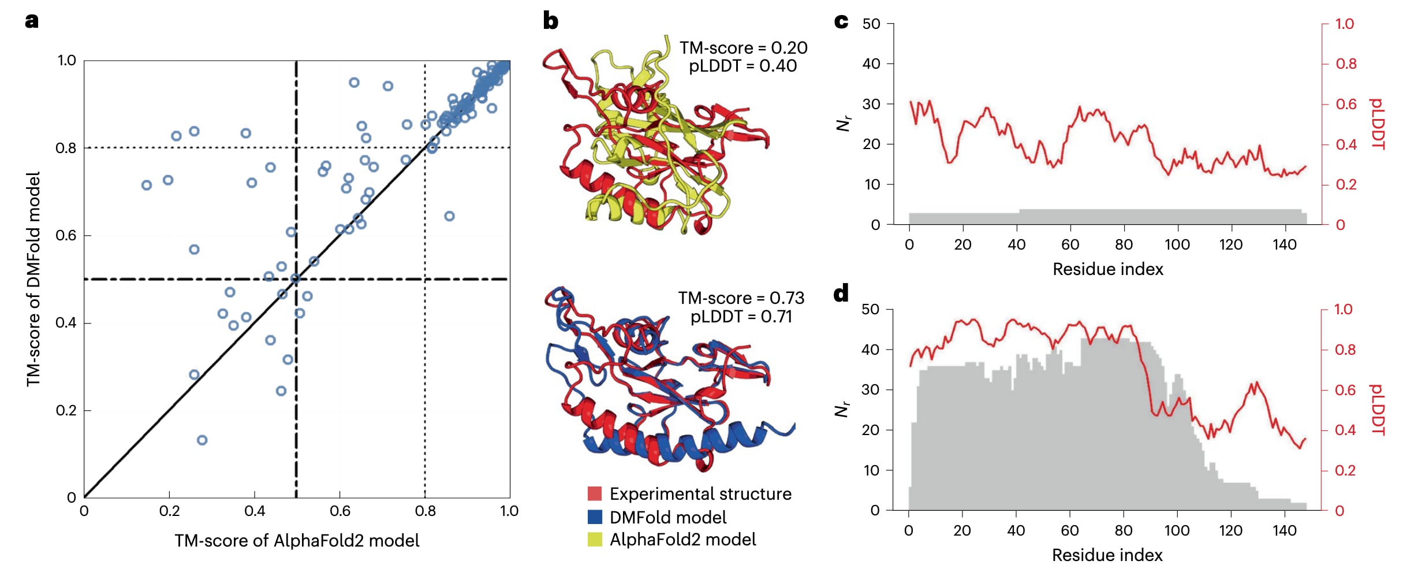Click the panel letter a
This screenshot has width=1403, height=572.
[32, 21]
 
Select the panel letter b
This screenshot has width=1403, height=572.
[550, 21]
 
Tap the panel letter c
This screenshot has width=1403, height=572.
[841, 21]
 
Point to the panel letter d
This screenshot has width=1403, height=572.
[841, 294]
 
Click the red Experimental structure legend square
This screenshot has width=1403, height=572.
[595, 494]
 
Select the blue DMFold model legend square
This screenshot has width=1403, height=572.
[595, 517]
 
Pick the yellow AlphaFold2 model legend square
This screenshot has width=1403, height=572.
[595, 540]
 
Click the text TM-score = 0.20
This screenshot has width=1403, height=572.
[743, 48]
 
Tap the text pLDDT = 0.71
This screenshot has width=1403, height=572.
[741, 317]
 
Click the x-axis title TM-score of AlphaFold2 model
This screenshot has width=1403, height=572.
[297, 541]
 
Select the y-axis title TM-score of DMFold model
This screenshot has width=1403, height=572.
[33, 279]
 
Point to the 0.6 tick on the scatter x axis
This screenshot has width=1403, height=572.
[339, 511]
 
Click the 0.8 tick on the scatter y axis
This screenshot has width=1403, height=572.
[66, 148]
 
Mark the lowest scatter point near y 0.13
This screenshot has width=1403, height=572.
[202, 440]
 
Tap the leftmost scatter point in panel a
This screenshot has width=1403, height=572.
[147, 185]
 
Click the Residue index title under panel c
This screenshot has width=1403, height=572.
[1107, 269]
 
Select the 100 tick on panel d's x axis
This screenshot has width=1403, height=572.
[1177, 530]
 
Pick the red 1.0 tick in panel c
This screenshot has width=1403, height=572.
[1345, 24]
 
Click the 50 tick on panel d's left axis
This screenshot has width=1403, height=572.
[870, 310]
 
